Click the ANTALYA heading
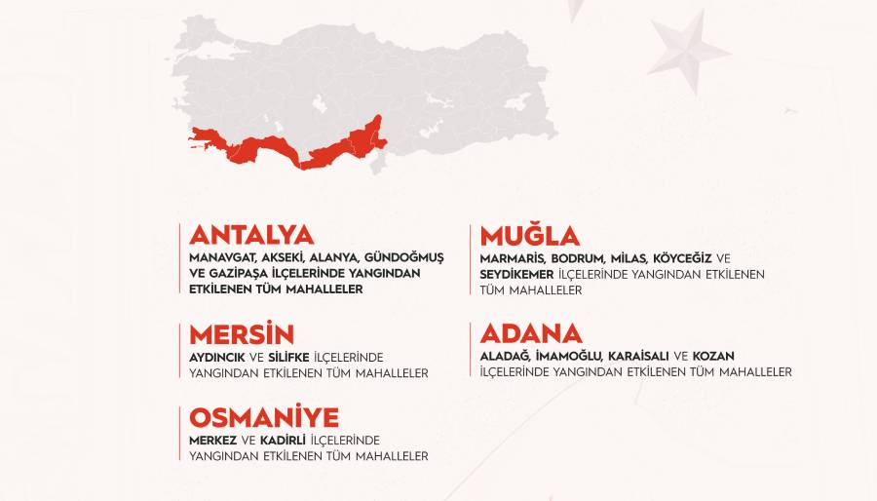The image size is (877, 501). click(x=251, y=235)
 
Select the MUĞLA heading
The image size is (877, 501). click(x=530, y=236)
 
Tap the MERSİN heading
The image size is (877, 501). click(x=242, y=334)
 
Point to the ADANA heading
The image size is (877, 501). click(x=531, y=333)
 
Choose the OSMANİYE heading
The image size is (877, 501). click(x=264, y=418)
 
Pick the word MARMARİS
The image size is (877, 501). click(x=514, y=258)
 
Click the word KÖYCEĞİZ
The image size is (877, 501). click(x=682, y=258)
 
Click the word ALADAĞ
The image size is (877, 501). click(x=505, y=357)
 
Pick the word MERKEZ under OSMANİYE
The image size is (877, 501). click(x=212, y=441)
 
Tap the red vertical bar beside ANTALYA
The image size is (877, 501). click(x=180, y=259)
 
